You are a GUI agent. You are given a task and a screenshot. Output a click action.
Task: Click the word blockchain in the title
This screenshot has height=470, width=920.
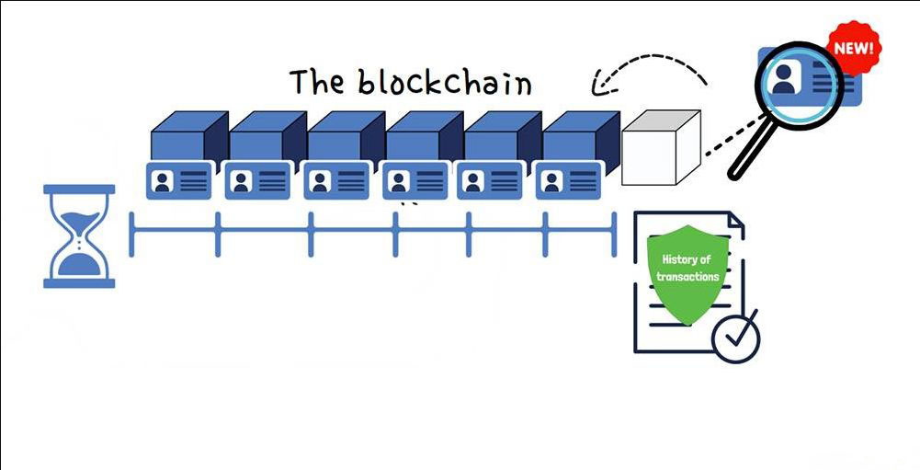445,83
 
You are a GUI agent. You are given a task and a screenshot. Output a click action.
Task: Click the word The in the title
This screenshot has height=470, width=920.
318,82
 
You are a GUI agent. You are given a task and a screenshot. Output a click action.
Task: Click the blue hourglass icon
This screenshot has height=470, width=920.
79,236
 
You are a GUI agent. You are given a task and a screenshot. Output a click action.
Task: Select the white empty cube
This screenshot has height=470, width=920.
660,147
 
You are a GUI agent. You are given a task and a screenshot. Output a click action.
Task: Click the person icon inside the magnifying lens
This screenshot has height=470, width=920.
783,79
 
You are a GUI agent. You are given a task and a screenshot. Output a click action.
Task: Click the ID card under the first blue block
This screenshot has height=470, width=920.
179,179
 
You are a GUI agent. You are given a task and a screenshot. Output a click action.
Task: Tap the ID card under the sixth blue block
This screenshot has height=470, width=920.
569,179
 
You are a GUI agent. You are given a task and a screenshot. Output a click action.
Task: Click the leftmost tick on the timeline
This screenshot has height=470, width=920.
131,234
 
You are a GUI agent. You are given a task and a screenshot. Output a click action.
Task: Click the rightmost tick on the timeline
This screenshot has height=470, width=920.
613,234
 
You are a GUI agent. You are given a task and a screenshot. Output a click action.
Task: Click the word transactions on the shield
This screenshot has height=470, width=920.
689,276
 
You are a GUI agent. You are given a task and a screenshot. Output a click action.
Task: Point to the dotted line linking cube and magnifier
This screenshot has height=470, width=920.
722,145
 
